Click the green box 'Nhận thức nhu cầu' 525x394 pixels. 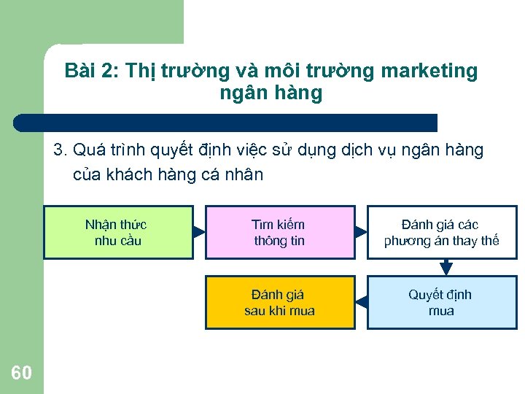tap(118, 233)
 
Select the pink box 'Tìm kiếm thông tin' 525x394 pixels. tap(280, 233)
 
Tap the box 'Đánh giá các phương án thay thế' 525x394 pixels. tap(442, 233)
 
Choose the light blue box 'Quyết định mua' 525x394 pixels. tap(442, 302)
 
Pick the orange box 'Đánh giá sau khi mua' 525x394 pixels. tap(280, 302)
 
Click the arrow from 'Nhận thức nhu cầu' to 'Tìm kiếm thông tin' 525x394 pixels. tap(200, 233)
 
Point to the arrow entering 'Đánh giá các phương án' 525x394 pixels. tap(361, 233)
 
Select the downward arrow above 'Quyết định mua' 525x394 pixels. tap(446, 269)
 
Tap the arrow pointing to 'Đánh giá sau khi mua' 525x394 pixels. tap(361, 301)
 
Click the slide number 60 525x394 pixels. tap(22, 374)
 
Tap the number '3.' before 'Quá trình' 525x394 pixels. tap(61, 151)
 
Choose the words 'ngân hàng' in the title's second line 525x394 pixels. tap(271, 93)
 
